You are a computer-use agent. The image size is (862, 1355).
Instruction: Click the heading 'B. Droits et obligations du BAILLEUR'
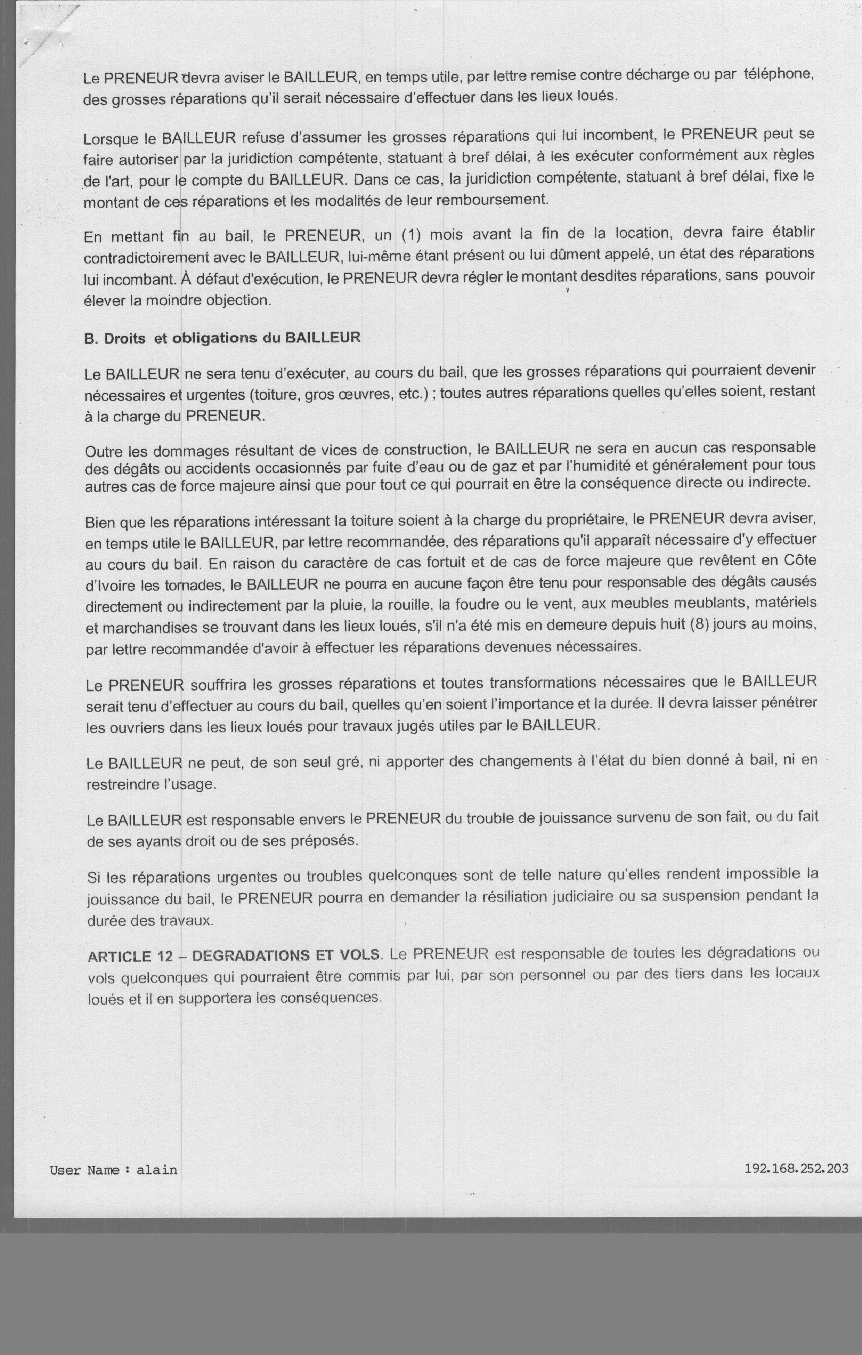pos(222,338)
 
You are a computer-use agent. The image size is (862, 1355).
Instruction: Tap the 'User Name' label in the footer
pos(85,1170)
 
